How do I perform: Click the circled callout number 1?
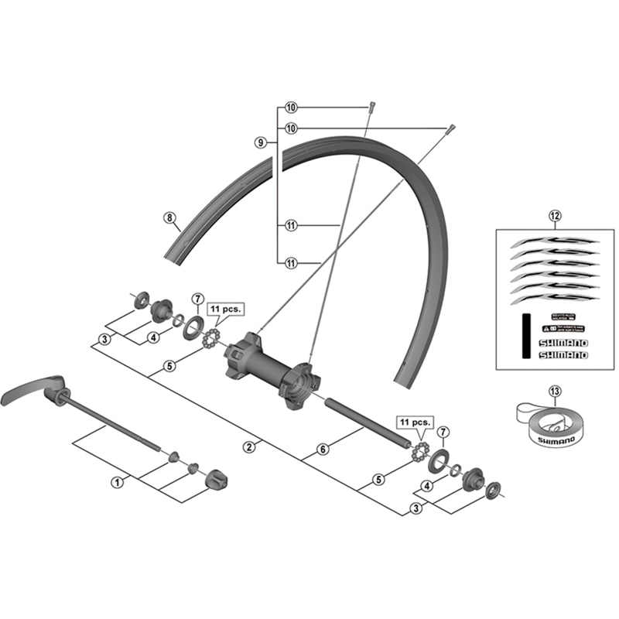click(x=118, y=481)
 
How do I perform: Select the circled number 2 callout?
click(x=249, y=446)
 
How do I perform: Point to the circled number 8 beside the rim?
click(x=169, y=217)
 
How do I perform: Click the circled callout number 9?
click(x=261, y=142)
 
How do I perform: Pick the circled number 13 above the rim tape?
click(x=554, y=392)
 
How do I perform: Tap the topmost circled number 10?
click(x=291, y=108)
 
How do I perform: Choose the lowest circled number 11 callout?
click(x=291, y=262)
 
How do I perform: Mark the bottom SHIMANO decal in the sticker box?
click(x=563, y=354)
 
